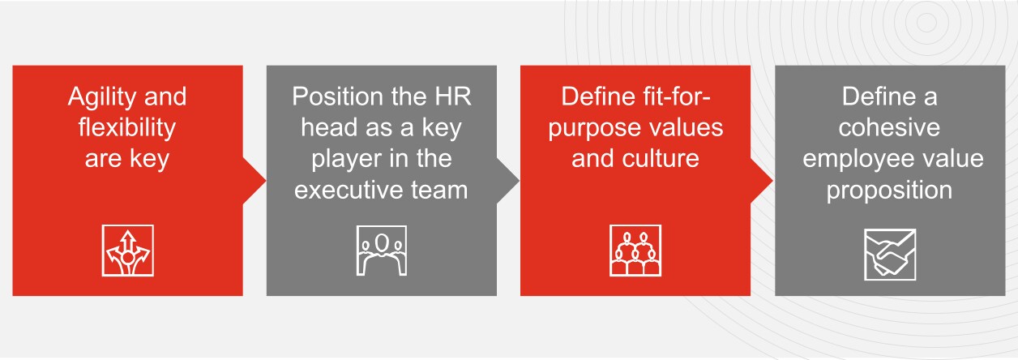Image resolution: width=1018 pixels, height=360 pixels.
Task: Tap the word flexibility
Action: pyautogui.click(x=126, y=127)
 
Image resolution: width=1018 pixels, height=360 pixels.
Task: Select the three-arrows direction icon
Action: pyautogui.click(x=128, y=251)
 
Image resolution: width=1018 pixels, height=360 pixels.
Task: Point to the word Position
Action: pyautogui.click(x=338, y=96)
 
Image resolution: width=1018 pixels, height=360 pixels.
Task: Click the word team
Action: pyautogui.click(x=439, y=190)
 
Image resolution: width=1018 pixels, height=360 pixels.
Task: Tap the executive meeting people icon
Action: pyautogui.click(x=381, y=251)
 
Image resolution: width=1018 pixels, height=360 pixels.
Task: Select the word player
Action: pyautogui.click(x=344, y=160)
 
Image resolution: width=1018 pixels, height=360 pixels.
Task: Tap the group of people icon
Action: pyautogui.click(x=635, y=251)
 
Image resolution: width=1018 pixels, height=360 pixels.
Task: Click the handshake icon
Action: pyautogui.click(x=890, y=255)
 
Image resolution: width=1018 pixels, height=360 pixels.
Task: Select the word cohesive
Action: pyautogui.click(x=889, y=128)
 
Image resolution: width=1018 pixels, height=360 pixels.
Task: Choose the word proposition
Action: pyautogui.click(x=889, y=191)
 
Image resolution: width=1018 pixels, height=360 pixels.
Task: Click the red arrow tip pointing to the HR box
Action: pyautogui.click(x=265, y=181)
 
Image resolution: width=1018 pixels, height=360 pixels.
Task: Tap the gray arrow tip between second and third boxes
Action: pyautogui.click(x=519, y=181)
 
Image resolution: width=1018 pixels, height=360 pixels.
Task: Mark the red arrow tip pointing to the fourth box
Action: pyautogui.click(x=772, y=181)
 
